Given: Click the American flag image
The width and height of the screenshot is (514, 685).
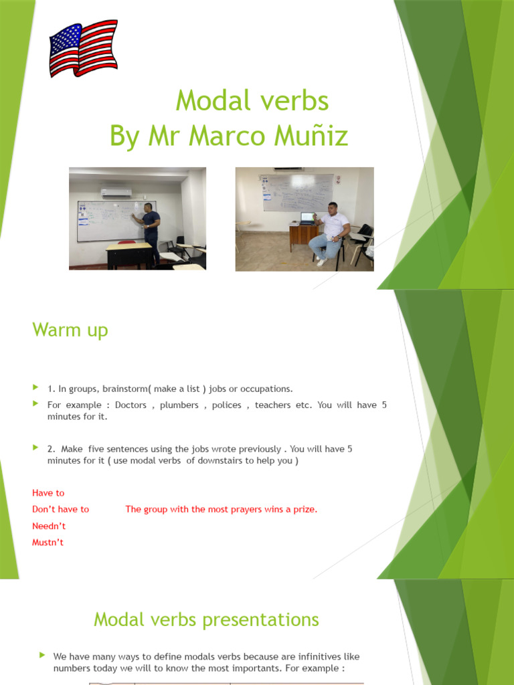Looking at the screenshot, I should (84, 48).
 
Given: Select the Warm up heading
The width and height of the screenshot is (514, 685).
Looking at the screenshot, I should (70, 330).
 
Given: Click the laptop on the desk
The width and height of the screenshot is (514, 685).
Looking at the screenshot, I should (307, 219).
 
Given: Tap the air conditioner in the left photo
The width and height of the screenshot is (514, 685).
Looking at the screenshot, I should (116, 192).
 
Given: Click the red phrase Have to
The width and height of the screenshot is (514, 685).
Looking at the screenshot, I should (48, 493).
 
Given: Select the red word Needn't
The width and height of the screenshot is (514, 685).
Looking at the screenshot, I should (49, 526).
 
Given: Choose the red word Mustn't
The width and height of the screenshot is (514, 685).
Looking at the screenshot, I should (48, 543).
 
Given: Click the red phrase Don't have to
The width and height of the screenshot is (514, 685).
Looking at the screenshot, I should (60, 509).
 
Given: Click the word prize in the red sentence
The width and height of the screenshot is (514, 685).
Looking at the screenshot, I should (305, 509).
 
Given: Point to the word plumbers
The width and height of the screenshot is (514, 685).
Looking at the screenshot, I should (179, 405).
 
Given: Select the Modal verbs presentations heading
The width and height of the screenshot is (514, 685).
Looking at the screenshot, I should (206, 619).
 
